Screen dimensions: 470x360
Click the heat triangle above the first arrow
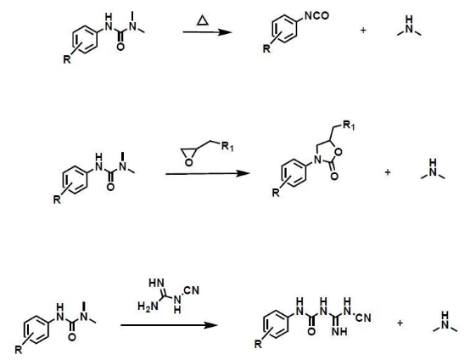tap(203, 20)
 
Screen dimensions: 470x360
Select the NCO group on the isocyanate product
tap(316, 15)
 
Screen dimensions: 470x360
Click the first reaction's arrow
tap(207, 31)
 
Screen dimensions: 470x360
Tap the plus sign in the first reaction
tap(363, 31)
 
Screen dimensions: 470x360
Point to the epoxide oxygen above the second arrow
tap(188, 162)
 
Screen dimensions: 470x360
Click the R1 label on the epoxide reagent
tap(227, 147)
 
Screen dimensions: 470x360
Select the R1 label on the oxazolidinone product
tap(349, 125)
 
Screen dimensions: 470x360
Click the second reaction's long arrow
tap(207, 173)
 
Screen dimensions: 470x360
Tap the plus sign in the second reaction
tap(388, 172)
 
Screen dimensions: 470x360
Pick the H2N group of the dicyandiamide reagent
tap(148, 307)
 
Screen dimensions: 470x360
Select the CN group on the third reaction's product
tap(363, 318)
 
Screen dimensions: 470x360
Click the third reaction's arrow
tap(169, 325)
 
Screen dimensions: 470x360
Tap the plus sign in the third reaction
tap(400, 323)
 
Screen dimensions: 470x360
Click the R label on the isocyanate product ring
tap(266, 48)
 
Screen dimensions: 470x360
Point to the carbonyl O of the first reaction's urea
tap(120, 47)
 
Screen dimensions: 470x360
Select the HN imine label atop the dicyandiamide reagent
tap(157, 283)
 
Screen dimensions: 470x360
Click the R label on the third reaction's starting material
tap(19, 350)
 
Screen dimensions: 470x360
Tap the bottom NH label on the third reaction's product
tap(340, 331)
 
